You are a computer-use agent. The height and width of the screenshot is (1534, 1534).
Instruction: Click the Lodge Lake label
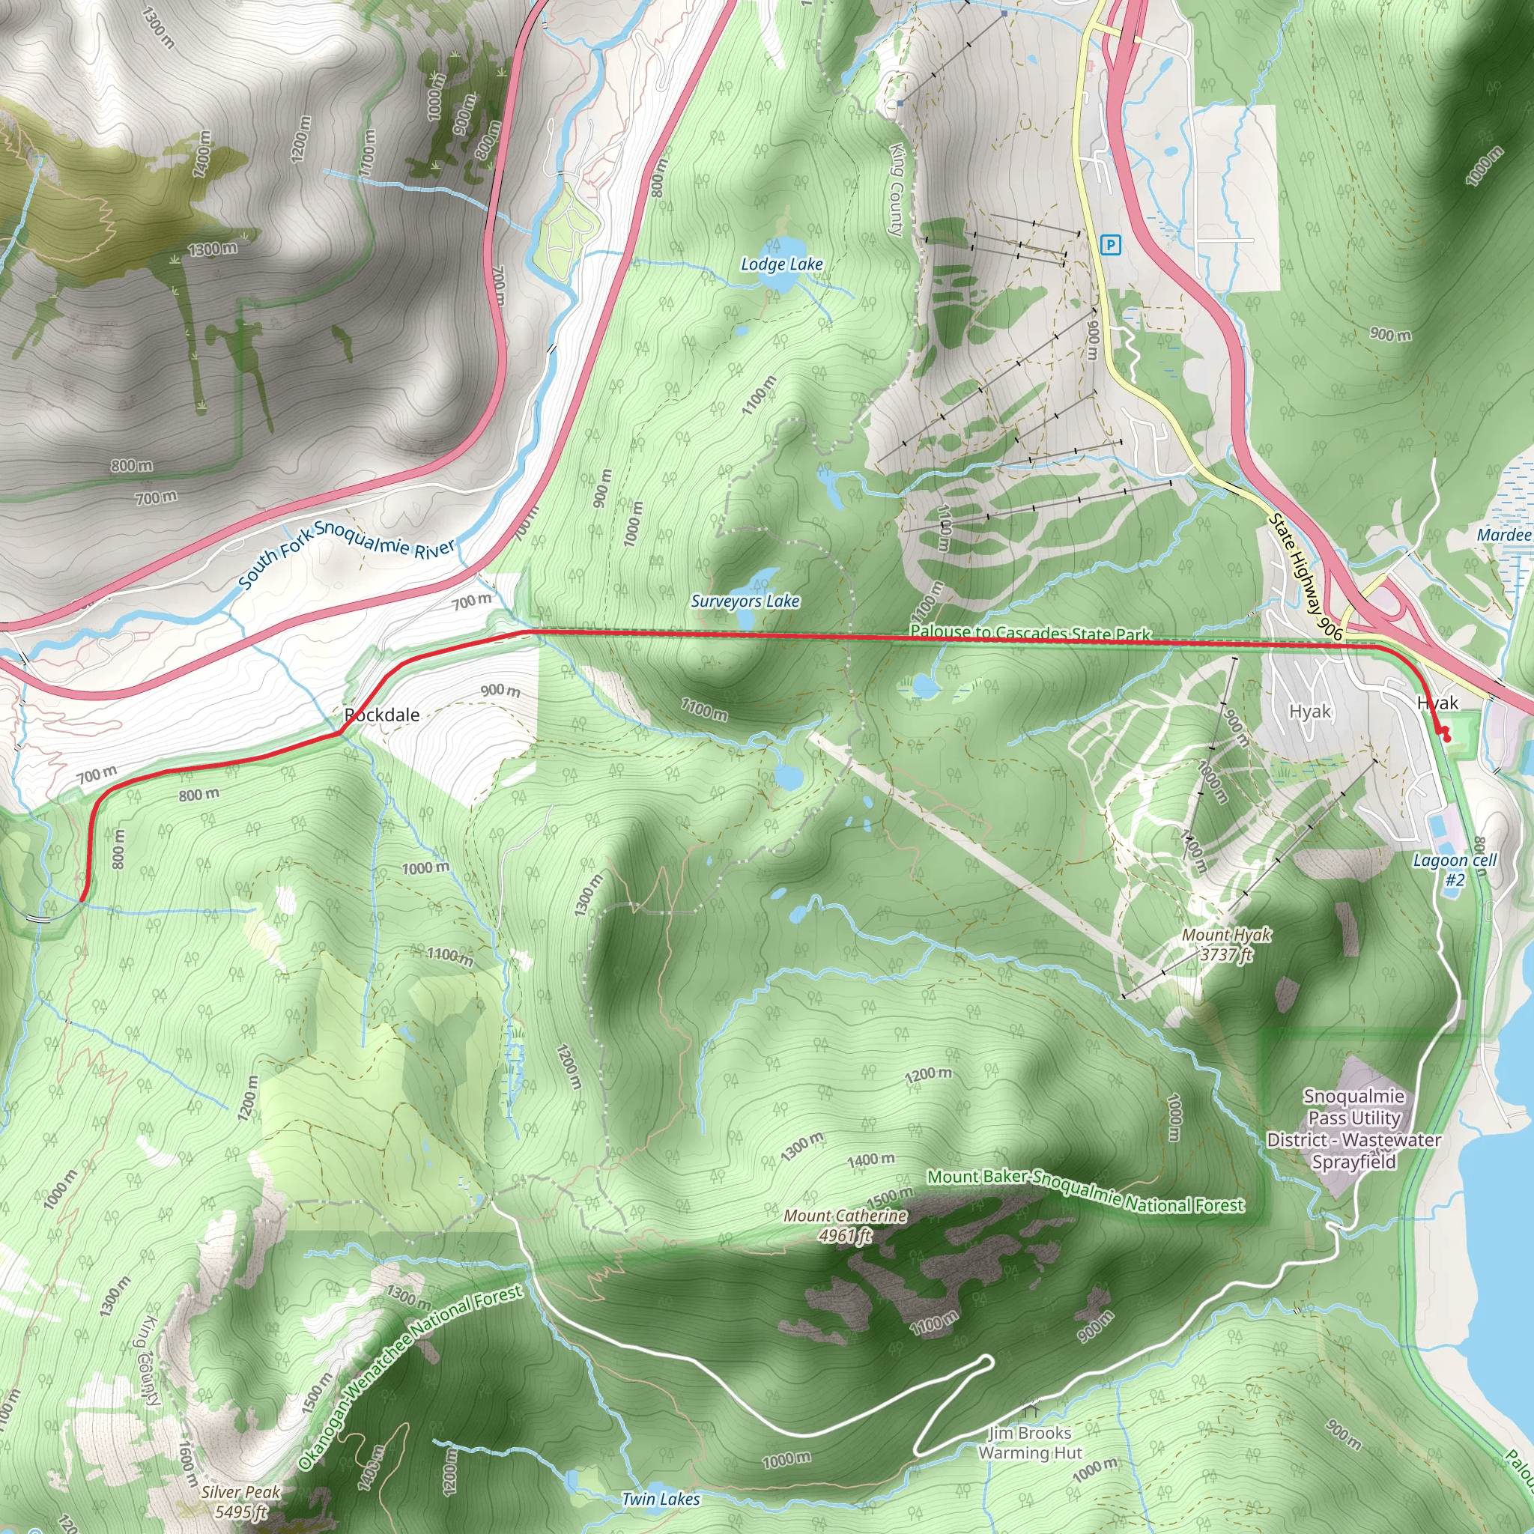coord(781,264)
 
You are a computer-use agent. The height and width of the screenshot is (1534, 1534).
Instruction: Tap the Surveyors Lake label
coord(745,601)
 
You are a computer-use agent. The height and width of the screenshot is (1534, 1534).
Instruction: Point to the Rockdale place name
coord(382,715)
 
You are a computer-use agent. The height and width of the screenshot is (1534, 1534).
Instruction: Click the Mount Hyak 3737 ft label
coord(1226,945)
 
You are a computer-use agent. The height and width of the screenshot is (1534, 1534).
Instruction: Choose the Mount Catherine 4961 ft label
coord(845,1225)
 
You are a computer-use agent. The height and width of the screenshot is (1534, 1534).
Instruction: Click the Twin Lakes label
coord(661,1499)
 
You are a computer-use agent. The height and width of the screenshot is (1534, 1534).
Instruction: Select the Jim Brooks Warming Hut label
coord(1030,1443)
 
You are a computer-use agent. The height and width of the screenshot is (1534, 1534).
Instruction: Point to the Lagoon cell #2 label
coord(1455,870)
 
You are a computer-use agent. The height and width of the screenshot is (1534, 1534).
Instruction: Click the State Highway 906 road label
coord(1306,577)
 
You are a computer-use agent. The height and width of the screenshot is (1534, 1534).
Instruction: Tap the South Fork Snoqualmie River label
coord(347,554)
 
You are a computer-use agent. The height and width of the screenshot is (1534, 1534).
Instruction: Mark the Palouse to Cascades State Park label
coord(1030,633)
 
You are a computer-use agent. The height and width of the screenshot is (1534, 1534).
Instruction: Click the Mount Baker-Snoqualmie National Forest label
coord(1085,1191)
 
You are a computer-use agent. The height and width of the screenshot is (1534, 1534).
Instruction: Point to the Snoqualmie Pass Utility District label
coord(1353,1129)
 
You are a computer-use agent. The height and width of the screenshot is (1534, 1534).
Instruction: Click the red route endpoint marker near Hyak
coord(1445,738)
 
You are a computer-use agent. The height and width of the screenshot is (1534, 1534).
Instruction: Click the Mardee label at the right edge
coord(1503,535)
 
